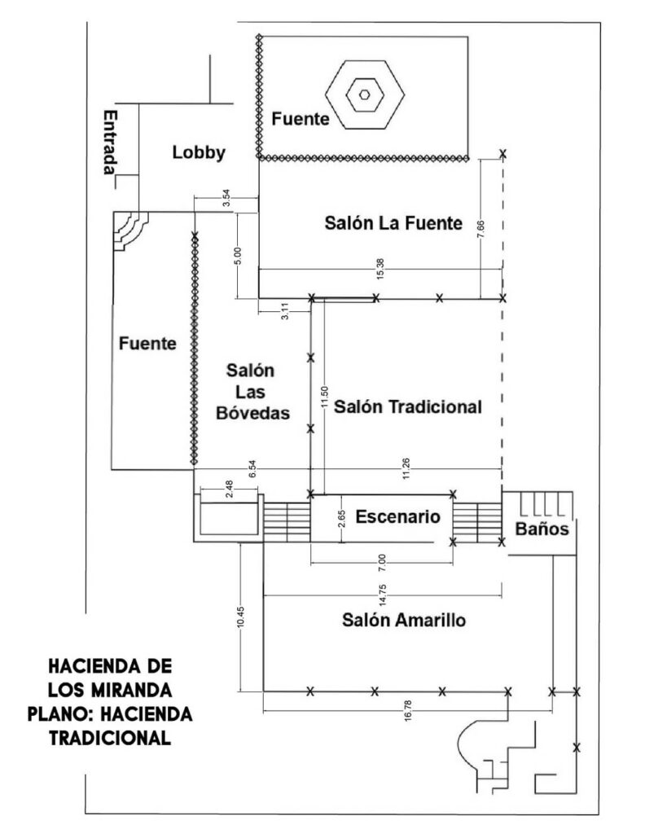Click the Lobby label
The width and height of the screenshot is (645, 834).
pos(199,152)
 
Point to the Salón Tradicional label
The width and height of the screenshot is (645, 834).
pos(408,406)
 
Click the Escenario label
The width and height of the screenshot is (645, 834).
pos(398,516)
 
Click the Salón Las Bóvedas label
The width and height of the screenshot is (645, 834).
pos(252,392)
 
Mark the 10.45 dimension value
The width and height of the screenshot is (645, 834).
pos(241,617)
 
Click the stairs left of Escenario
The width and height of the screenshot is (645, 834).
pos(287,520)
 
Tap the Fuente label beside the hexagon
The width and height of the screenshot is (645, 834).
pos(300,120)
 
